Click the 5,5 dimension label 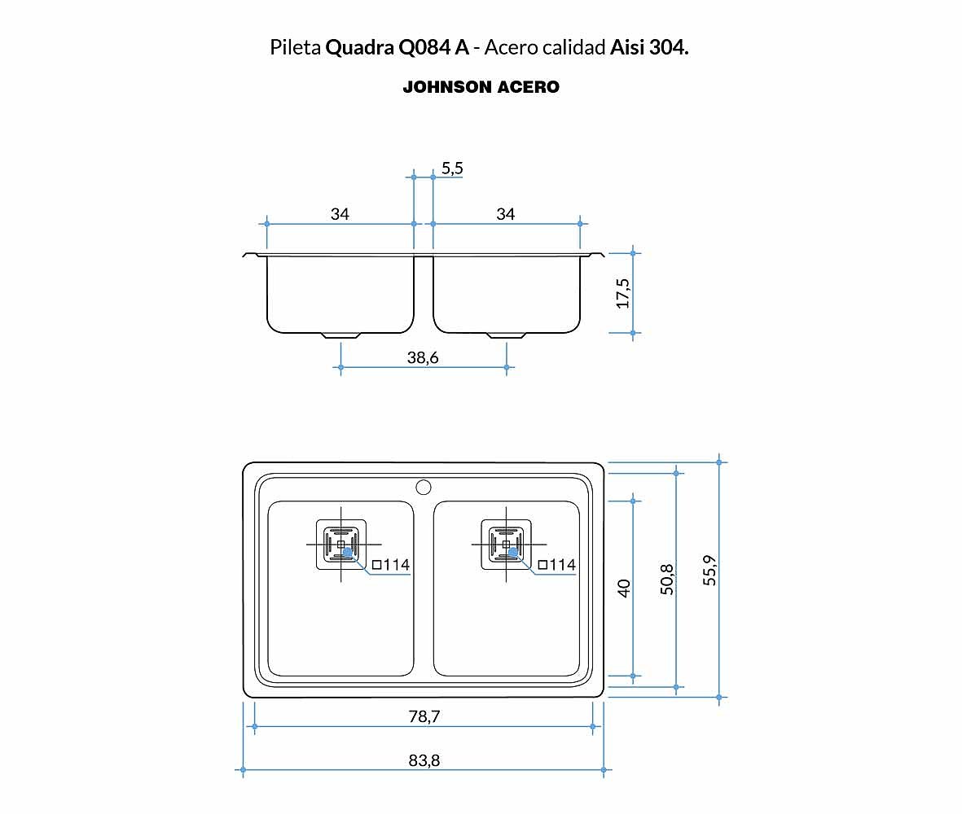(452, 168)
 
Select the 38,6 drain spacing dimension (423, 357)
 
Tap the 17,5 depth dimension (622, 293)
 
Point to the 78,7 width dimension (424, 716)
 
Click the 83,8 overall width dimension (424, 760)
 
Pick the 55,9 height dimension (709, 570)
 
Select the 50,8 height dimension (666, 580)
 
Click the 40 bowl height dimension (623, 588)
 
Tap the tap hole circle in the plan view (424, 488)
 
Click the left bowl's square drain (341, 545)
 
